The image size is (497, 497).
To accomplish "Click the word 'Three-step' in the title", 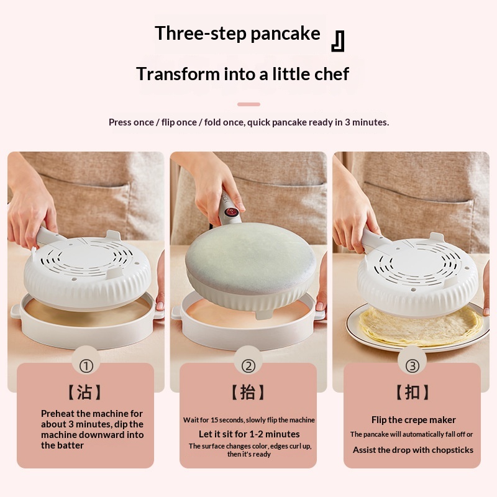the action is [x=200, y=34].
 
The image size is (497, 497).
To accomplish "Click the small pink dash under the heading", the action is [x=249, y=104].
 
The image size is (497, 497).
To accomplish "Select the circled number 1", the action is [x=86, y=367].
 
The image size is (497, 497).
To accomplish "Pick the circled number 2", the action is [x=248, y=366].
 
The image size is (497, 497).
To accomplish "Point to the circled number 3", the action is [x=413, y=366].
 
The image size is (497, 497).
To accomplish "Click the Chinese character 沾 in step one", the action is [x=84, y=392].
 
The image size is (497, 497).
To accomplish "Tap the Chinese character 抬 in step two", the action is [x=248, y=392].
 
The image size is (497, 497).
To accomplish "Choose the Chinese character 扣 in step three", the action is [x=413, y=392].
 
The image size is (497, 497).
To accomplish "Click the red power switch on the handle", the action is [x=230, y=212].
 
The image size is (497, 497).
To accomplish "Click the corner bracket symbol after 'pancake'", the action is [x=337, y=41].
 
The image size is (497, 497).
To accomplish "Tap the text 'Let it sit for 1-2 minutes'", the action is [x=249, y=434].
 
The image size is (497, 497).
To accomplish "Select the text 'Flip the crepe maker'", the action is [x=414, y=420].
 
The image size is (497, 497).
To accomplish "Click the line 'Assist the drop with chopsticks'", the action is [x=413, y=450].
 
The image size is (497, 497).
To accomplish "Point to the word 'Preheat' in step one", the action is [x=58, y=414].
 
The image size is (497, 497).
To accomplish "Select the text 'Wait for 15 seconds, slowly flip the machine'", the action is [x=249, y=420].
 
